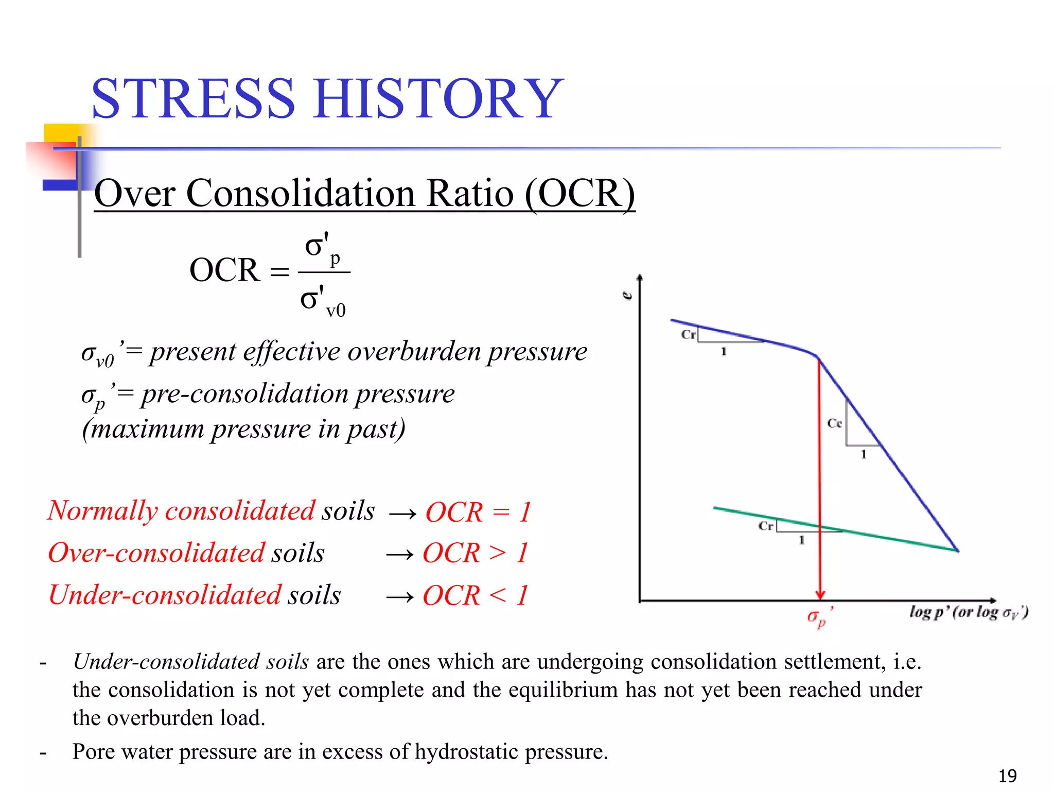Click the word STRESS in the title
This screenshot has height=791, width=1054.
pyautogui.click(x=193, y=99)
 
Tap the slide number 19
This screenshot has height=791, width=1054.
pyautogui.click(x=1007, y=776)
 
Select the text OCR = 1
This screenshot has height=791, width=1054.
pyautogui.click(x=478, y=512)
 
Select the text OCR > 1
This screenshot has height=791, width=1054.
pyautogui.click(x=475, y=553)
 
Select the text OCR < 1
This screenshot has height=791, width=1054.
pyautogui.click(x=475, y=596)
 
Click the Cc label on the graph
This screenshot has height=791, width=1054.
pyautogui.click(x=834, y=423)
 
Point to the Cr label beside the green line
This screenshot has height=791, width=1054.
pyautogui.click(x=765, y=526)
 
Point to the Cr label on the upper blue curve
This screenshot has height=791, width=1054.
pyautogui.click(x=688, y=334)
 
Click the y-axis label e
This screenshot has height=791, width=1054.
pyautogui.click(x=627, y=296)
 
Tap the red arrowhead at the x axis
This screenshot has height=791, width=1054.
pyautogui.click(x=820, y=594)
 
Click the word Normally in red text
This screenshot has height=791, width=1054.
pyautogui.click(x=102, y=511)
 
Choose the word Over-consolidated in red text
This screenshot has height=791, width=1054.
pyautogui.click(x=156, y=553)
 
